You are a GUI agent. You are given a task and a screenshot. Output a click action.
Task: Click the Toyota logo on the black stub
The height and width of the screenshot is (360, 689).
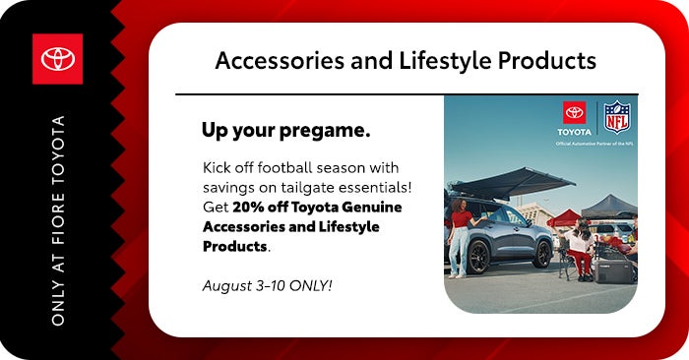pos(57,59)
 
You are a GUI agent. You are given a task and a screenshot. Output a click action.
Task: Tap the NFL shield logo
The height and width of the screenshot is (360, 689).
pos(617,117)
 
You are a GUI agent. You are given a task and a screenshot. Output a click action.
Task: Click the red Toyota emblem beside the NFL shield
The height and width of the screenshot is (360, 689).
pos(574,113)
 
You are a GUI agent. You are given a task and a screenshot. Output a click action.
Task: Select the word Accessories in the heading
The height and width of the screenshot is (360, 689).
pos(280,61)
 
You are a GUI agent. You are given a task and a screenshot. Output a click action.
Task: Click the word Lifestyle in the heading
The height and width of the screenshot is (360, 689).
pos(445,61)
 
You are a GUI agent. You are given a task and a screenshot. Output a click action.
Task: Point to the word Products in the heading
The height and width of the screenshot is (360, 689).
pos(546,61)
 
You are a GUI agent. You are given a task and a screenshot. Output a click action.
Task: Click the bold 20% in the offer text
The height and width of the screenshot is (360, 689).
pos(248,207)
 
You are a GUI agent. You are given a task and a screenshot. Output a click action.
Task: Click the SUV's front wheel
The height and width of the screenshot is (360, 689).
pos(541,254)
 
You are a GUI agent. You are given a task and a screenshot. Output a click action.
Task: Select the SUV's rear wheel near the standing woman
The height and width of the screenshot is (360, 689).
pos(478,257)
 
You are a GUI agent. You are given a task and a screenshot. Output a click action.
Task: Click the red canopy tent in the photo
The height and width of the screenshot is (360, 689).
pos(565,217)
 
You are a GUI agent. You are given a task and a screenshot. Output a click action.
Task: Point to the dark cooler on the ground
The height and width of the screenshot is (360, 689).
pos(614,270)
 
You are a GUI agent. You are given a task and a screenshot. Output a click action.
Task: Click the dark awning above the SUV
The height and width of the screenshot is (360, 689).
pos(511,182)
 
